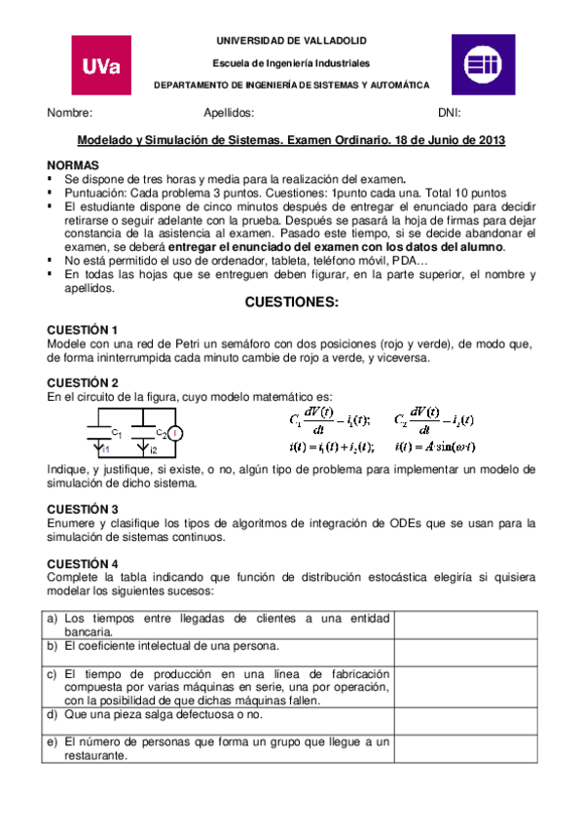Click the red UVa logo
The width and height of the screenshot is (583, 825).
[101, 66]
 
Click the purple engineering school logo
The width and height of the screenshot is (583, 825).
[481, 65]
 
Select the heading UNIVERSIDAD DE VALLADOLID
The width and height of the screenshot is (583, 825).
[293, 42]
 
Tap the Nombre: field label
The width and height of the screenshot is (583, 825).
[70, 113]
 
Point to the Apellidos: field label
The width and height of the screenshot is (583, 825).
[230, 113]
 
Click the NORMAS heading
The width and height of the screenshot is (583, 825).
[73, 166]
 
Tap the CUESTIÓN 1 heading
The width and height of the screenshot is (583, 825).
[84, 330]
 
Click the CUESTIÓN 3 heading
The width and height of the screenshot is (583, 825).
[84, 509]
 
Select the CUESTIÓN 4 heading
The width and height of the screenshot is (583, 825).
[84, 563]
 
